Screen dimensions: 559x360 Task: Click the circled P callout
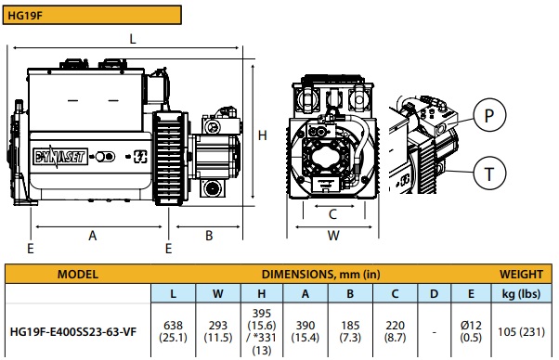click(489, 115)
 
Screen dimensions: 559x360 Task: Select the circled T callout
click(489, 174)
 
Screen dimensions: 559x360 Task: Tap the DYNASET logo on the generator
click(59, 156)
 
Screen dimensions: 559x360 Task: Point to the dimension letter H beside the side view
click(263, 135)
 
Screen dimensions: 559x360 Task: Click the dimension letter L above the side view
click(133, 39)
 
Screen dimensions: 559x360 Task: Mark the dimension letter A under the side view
click(93, 236)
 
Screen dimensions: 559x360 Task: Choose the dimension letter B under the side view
click(209, 236)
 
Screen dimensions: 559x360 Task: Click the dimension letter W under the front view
click(333, 236)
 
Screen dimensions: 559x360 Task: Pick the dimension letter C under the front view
click(332, 214)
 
